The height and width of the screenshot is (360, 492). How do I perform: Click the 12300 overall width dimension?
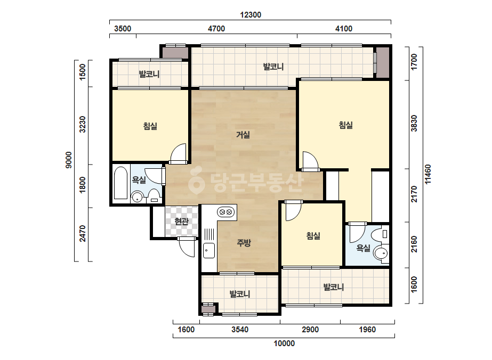tap(251, 15)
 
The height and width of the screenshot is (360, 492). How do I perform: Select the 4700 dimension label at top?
tap(216, 29)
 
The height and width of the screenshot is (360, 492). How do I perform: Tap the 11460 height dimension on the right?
tap(428, 174)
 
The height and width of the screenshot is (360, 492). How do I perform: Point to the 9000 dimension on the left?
tap(68, 160)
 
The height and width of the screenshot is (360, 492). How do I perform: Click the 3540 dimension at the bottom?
tap(240, 330)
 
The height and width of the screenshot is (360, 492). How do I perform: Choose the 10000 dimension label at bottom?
tap(284, 343)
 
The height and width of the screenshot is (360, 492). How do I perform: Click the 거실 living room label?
tap(243, 135)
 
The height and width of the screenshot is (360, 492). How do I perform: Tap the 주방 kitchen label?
tap(244, 242)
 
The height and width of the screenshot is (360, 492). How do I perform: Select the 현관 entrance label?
tap(181, 221)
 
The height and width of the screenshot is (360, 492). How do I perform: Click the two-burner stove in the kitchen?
tap(226, 212)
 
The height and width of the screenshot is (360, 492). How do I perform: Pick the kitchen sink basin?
tap(208, 250)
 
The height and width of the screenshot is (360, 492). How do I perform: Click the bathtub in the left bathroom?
tap(121, 183)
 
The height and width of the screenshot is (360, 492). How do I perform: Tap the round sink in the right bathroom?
tap(381, 253)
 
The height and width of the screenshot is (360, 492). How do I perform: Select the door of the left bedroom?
tap(178, 154)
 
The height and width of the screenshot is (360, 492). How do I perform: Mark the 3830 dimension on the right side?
tap(414, 123)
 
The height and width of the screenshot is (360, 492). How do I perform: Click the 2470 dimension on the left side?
tap(82, 234)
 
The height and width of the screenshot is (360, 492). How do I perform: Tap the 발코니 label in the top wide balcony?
tap(273, 67)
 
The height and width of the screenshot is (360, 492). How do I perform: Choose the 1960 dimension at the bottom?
tap(367, 330)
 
